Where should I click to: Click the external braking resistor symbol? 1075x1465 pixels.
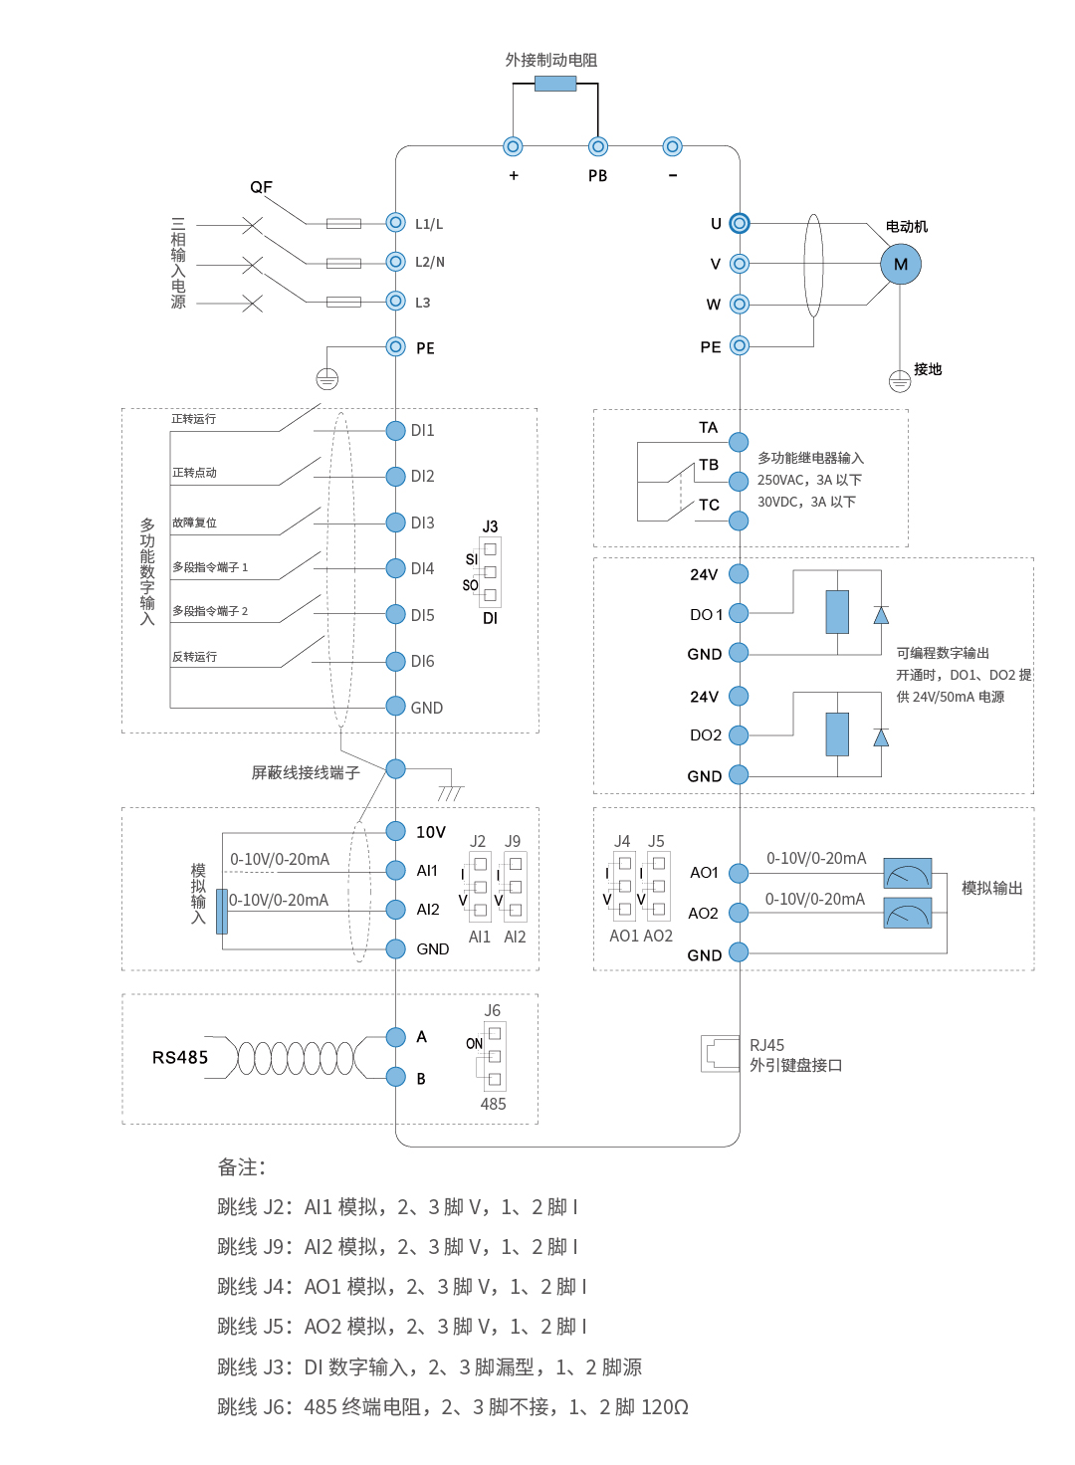point(555,84)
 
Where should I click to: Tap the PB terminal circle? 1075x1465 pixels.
point(597,147)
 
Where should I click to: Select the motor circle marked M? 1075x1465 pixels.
point(901,264)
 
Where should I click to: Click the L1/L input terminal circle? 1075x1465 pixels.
point(395,223)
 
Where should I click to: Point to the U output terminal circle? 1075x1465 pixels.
point(739,223)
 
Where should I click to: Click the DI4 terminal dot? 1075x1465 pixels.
point(395,568)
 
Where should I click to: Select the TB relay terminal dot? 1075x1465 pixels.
point(739,482)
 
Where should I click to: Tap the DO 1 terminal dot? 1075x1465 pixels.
point(739,613)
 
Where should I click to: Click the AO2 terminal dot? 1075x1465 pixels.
point(739,913)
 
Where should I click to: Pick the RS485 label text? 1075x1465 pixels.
point(180,1057)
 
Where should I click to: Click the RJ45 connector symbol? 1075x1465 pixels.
point(720,1053)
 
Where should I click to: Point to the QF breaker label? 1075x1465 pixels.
point(261,187)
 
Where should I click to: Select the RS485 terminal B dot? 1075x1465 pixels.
point(395,1077)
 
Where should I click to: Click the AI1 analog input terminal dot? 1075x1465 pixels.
point(395,870)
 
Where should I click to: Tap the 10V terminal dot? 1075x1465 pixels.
point(395,831)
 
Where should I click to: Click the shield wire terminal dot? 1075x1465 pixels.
point(395,768)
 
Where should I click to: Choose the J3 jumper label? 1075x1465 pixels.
point(490,526)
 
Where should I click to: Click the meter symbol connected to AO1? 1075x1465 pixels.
point(908,873)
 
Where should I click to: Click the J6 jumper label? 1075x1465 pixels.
point(493,1010)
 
